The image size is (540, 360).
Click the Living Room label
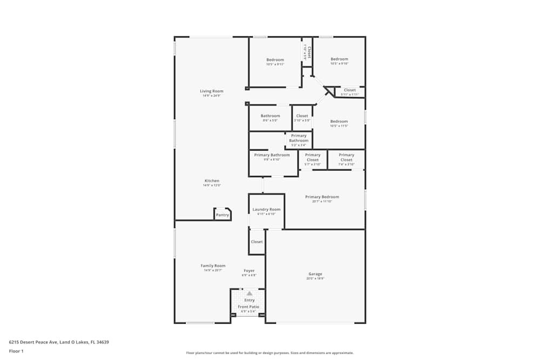point(212,91)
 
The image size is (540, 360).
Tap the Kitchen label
point(212,181)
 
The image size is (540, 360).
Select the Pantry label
point(222,215)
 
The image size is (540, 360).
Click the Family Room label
point(213,266)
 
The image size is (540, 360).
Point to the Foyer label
point(249,270)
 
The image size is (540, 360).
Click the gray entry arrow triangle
point(249,293)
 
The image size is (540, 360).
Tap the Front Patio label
point(249,307)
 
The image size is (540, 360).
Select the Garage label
point(315,274)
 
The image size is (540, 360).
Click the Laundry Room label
point(267,209)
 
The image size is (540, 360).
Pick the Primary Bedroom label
point(322,197)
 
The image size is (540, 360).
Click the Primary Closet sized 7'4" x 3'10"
point(346,157)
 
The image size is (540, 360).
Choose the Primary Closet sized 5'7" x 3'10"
point(313,157)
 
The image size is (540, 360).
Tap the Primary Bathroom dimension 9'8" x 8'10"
point(272,160)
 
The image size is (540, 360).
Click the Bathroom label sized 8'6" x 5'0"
point(270,116)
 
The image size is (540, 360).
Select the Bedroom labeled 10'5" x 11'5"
point(339,121)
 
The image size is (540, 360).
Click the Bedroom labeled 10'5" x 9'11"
point(275,60)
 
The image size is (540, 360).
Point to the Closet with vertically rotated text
point(307,52)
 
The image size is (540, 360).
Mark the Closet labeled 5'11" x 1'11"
point(350,90)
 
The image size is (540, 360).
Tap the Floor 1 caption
point(16,351)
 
